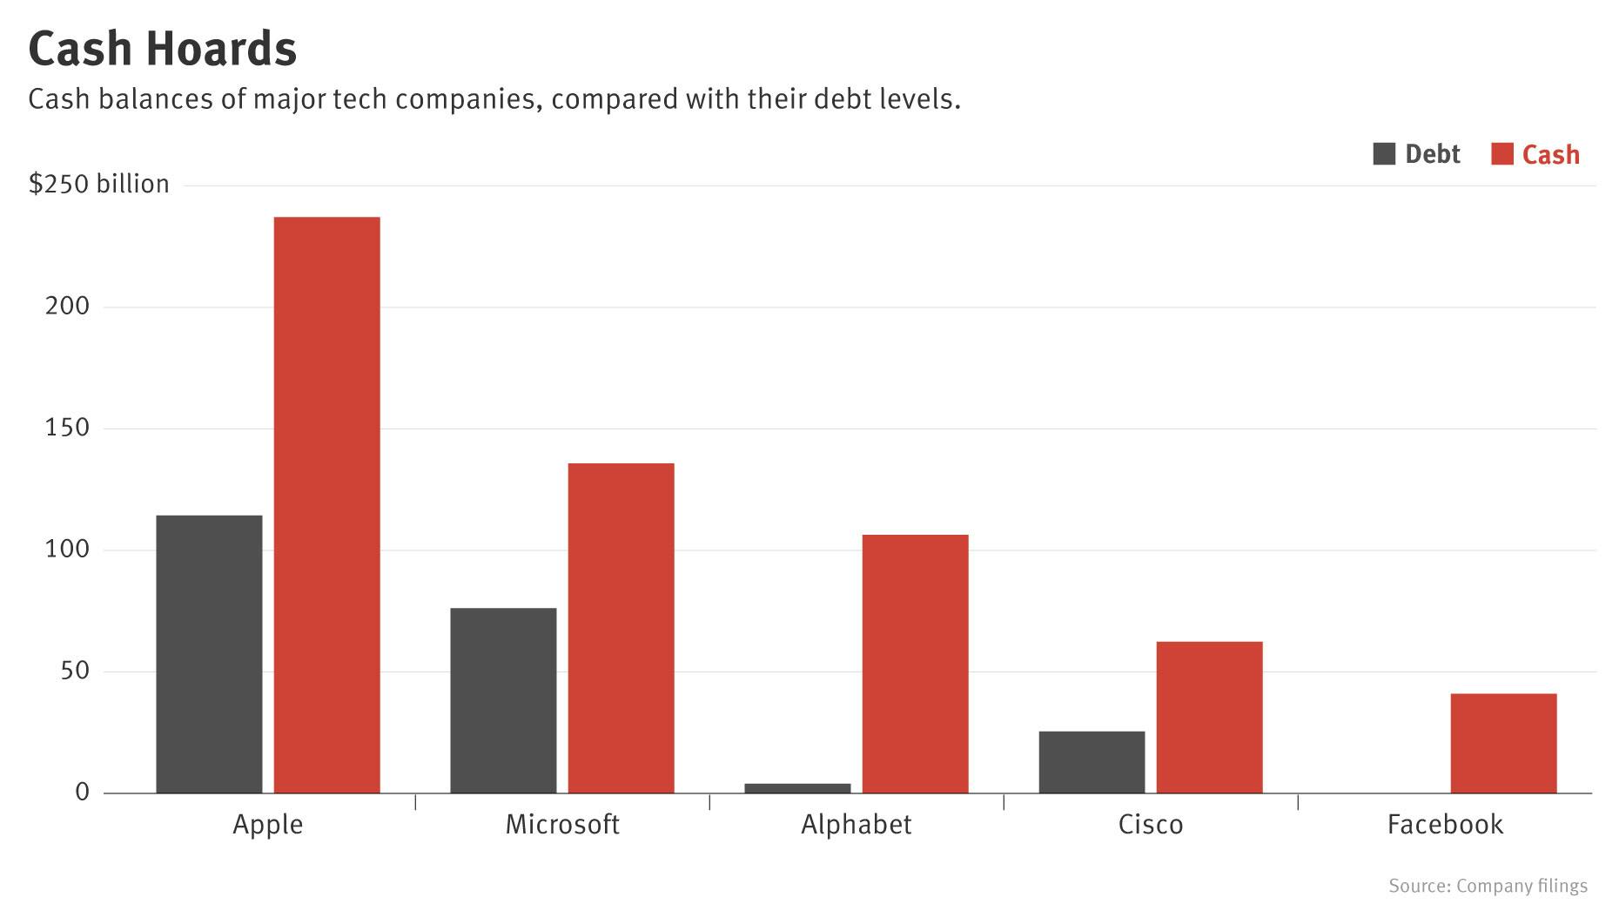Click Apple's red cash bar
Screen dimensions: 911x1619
[x=326, y=505]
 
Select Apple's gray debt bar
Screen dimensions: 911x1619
[x=209, y=654]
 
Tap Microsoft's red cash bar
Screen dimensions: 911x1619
[x=621, y=628]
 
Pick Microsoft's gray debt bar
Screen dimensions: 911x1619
[x=503, y=700]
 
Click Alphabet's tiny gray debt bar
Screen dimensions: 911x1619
[x=797, y=788]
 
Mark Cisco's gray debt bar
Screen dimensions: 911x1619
[x=1092, y=762]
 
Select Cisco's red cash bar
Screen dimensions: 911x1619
[x=1209, y=718]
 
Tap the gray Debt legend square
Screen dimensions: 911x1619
[x=1384, y=154]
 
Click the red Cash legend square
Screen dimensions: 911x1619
[x=1502, y=154]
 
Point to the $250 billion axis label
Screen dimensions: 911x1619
[x=99, y=185]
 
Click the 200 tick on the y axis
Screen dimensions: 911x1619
[x=68, y=307]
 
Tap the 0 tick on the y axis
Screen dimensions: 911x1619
[x=82, y=792]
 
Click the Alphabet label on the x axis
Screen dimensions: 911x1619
[x=856, y=824]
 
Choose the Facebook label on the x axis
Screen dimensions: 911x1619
[x=1445, y=824]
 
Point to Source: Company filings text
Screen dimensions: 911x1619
[x=1488, y=886]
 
